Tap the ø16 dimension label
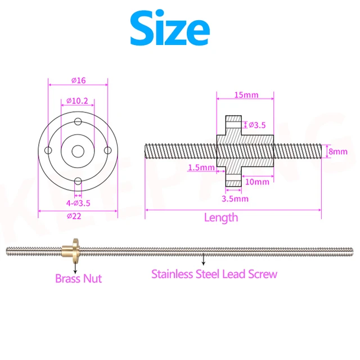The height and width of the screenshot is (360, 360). [78, 80]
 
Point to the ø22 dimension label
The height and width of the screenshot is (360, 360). [78, 217]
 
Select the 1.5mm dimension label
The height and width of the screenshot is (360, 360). [201, 168]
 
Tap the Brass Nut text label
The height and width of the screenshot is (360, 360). [79, 278]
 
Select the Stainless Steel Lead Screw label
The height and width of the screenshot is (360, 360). [214, 274]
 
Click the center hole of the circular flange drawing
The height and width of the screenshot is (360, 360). [78, 151]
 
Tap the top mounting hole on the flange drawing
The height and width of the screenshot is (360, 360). [78, 121]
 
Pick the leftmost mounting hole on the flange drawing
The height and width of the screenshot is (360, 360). [49, 151]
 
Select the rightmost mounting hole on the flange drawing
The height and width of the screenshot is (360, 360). [108, 151]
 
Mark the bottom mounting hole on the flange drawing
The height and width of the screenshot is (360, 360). [78, 181]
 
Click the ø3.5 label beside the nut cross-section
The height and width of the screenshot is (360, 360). [258, 124]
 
